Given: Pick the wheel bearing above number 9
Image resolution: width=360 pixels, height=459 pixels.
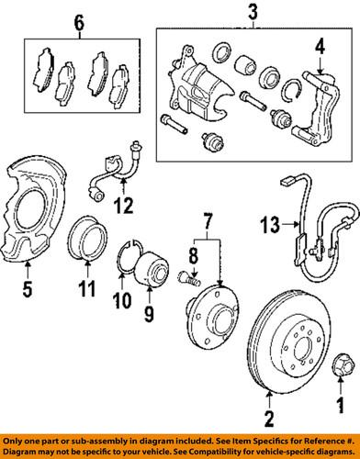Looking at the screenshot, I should pos(150,272).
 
